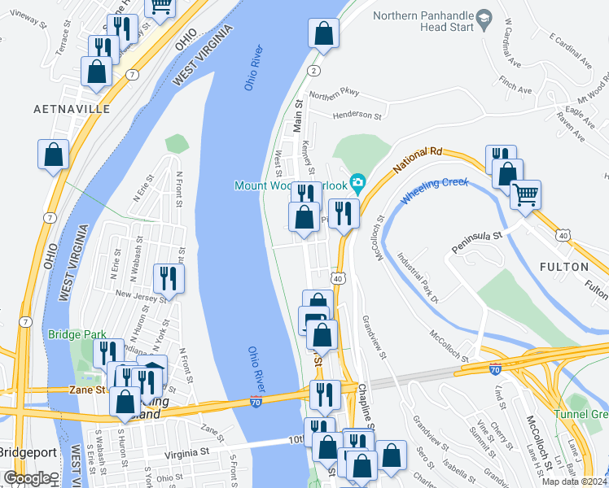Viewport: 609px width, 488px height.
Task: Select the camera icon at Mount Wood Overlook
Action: click(357, 181)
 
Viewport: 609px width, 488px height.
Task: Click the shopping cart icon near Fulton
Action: click(525, 194)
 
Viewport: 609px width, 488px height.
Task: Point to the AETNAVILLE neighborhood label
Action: click(71, 108)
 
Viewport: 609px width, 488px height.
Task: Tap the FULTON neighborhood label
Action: click(563, 267)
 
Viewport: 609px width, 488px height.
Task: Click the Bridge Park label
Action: click(72, 334)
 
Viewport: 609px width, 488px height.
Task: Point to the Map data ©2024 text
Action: click(574, 481)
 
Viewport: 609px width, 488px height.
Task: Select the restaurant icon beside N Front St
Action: click(169, 277)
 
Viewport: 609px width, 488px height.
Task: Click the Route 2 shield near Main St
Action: click(313, 72)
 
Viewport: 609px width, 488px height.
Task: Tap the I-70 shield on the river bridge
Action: click(255, 403)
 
